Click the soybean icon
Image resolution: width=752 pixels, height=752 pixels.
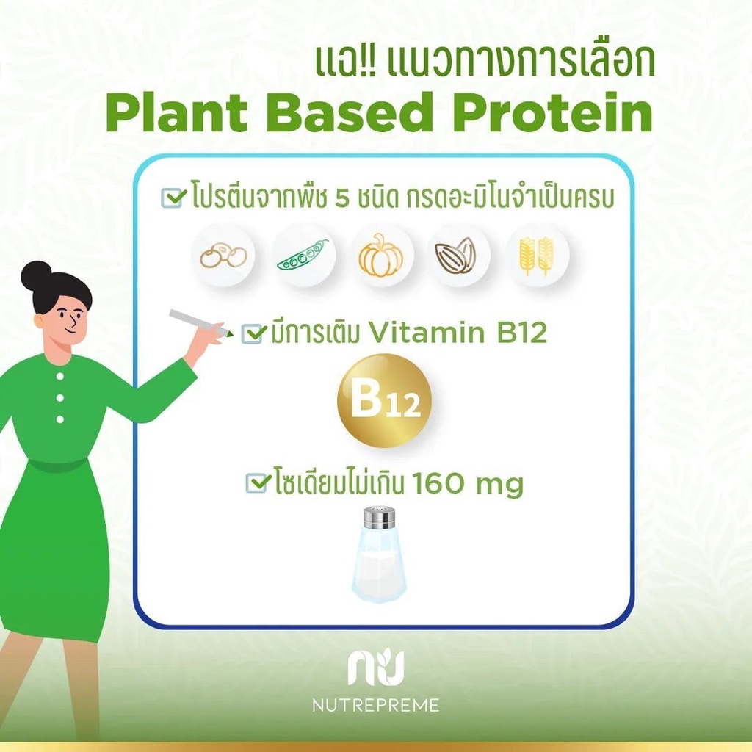tap(223, 256)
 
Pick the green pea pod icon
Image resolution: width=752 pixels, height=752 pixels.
tap(303, 255)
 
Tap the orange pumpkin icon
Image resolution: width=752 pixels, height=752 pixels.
tap(380, 255)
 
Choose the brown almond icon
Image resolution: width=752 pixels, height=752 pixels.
tap(455, 255)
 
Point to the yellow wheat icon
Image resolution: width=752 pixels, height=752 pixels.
tap(537, 256)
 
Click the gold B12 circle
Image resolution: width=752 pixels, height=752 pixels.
tap(385, 401)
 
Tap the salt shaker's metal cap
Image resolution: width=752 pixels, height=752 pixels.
tap(380, 517)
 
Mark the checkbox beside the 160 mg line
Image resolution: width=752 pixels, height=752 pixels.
tap(256, 482)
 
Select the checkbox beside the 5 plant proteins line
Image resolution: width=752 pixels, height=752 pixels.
tap(173, 197)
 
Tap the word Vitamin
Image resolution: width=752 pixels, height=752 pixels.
tap(427, 333)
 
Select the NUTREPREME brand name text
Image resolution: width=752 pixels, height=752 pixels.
tap(375, 705)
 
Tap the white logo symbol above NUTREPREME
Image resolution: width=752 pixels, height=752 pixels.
tap(376, 667)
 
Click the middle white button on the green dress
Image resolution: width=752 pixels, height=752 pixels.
tap(60, 397)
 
